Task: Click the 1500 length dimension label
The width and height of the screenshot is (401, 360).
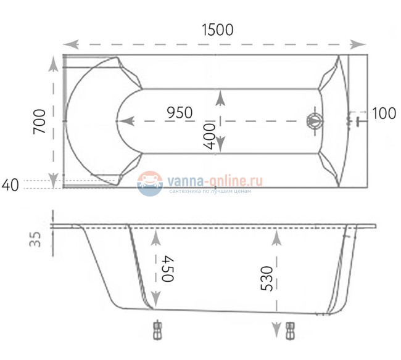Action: [x=218, y=30]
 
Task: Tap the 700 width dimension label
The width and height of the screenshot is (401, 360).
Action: [x=39, y=121]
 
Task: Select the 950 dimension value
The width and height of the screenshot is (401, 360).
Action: [x=180, y=113]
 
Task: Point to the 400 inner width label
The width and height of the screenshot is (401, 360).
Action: [x=209, y=136]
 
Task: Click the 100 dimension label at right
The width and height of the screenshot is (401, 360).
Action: [x=384, y=113]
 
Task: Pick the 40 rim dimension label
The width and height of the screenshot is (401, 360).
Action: [x=10, y=185]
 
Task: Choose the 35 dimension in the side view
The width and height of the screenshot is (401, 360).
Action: [x=35, y=239]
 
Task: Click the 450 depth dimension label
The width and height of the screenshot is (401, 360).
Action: [x=168, y=269]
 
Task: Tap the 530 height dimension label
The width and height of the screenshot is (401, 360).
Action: [x=267, y=279]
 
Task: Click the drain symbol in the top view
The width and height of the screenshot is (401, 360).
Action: [x=314, y=121]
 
